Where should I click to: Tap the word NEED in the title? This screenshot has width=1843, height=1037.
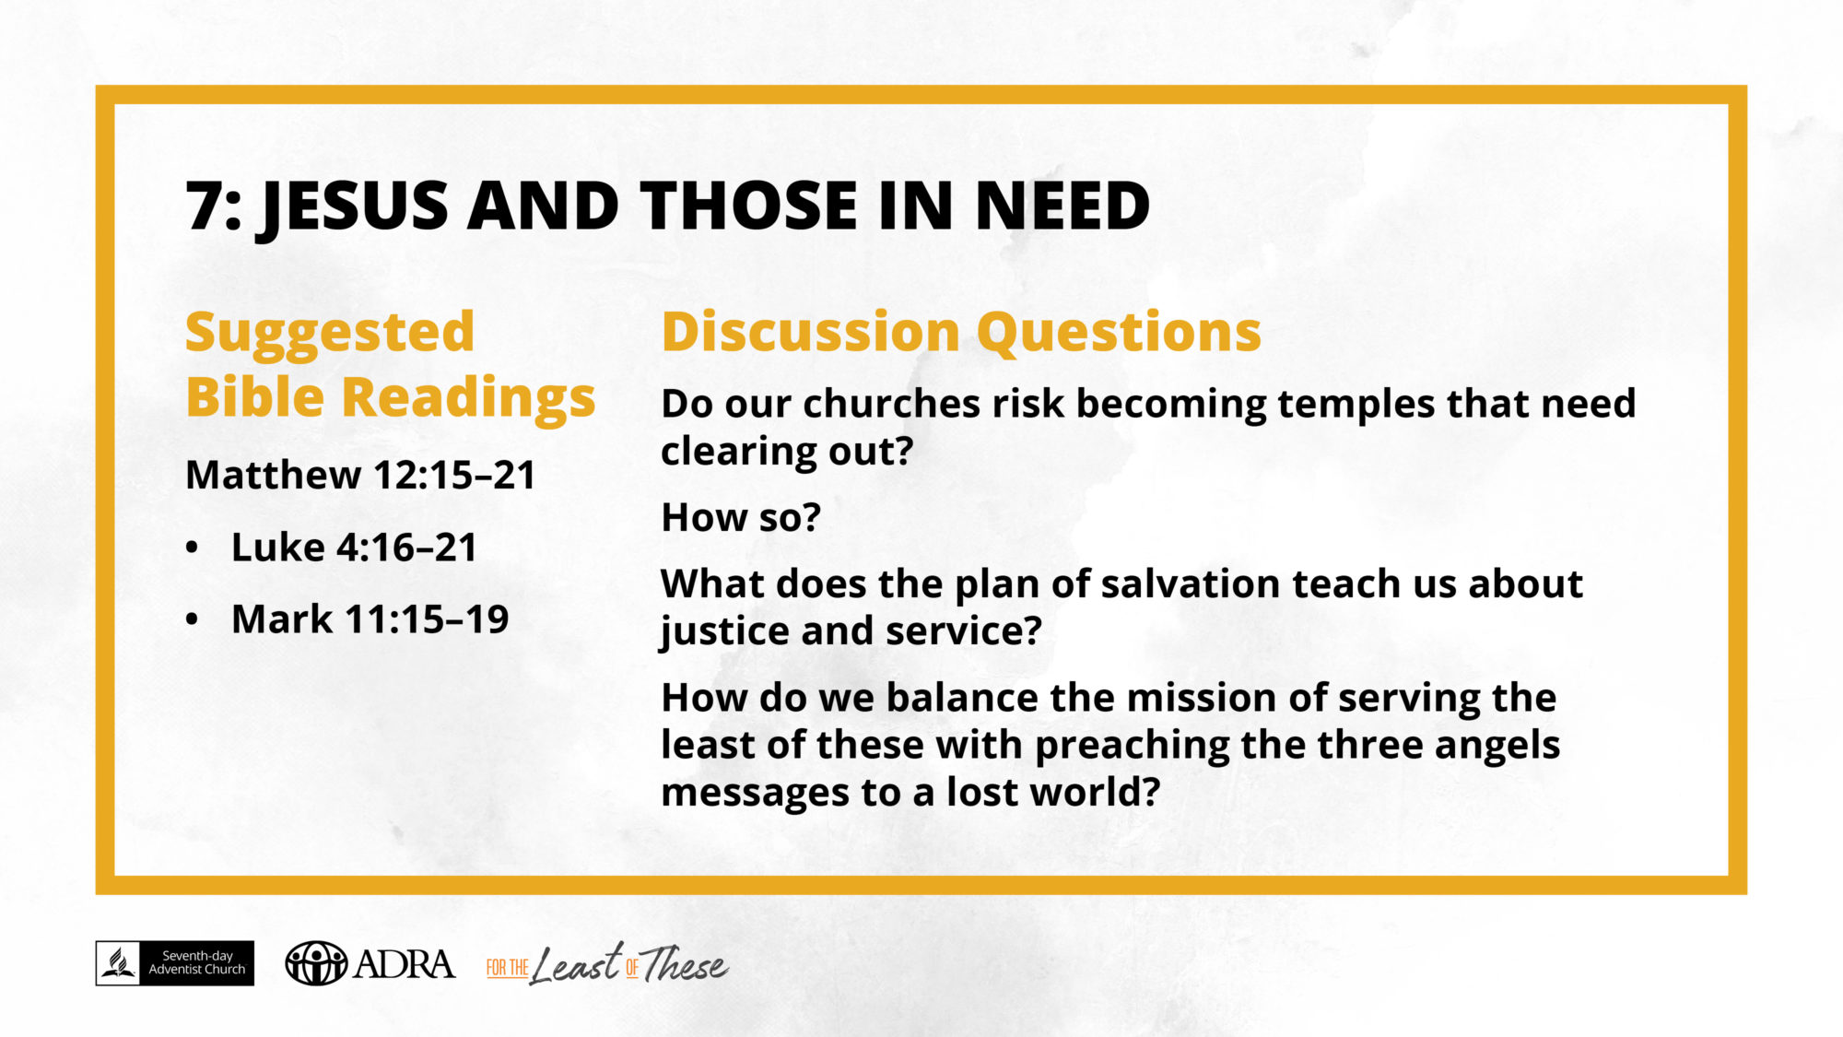1062,205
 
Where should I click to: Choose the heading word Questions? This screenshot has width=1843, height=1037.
1119,334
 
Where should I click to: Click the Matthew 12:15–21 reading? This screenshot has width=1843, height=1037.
360,475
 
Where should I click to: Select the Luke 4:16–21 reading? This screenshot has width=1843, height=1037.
354,548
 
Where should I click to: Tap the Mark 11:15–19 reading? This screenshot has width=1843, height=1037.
370,619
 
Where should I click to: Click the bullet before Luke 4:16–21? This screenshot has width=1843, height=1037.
192,548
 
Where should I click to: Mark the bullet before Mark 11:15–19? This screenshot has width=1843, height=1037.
192,620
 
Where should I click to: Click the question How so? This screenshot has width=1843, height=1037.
741,517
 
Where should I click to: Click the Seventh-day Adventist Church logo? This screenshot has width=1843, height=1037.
175,963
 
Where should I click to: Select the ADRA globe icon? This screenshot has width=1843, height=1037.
316,963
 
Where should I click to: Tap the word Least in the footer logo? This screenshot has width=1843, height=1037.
576,964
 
